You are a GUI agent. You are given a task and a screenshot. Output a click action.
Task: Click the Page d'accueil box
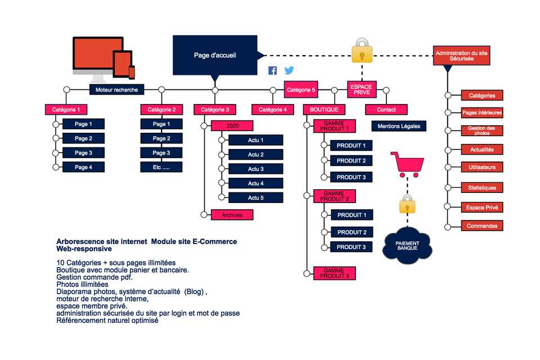tap(215, 55)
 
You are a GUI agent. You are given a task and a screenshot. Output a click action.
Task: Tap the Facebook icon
tap(272, 70)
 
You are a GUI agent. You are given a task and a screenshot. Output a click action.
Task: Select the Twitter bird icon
tap(289, 70)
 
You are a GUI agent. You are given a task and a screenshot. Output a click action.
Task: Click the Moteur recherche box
tap(117, 89)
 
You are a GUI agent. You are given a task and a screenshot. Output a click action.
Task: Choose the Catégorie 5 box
tap(301, 89)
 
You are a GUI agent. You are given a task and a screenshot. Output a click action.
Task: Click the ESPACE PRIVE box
tap(361, 89)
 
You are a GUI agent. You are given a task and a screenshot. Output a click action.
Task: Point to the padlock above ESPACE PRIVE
tap(362, 51)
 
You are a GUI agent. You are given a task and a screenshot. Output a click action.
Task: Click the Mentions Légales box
tap(399, 126)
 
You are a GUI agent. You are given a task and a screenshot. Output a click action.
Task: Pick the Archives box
tap(232, 214)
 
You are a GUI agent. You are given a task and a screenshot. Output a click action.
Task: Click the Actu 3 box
tap(256, 169)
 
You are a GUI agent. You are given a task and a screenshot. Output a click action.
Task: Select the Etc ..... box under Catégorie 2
tap(161, 167)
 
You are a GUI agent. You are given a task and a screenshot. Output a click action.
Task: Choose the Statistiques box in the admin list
tap(482, 187)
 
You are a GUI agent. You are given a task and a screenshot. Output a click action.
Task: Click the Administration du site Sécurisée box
tap(462, 55)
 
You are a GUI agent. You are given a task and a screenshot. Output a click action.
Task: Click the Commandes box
tap(482, 226)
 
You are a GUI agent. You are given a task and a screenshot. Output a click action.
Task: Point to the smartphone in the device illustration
tap(132, 72)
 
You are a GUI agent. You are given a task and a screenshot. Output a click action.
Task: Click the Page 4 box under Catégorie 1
tap(83, 167)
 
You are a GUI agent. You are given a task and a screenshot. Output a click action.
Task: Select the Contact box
tap(386, 110)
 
